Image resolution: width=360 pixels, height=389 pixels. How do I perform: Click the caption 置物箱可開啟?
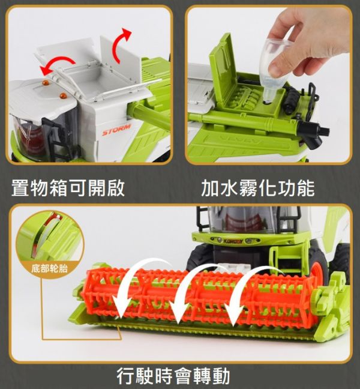68,188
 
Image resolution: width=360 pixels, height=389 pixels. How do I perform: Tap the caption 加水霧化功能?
258,188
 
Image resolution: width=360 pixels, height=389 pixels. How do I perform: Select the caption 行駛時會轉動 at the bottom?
173,376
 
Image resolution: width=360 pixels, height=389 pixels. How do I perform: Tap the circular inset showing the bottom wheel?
50,240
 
